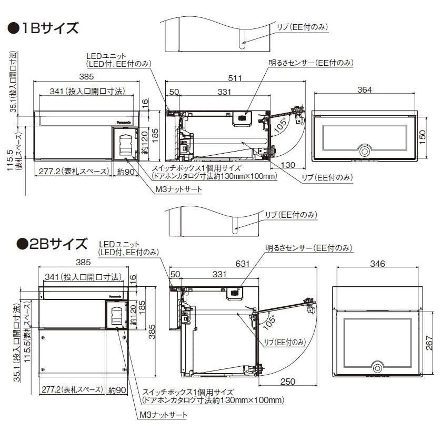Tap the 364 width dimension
[x=364, y=90]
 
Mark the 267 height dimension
[x=429, y=345]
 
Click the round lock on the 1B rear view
[x=364, y=150]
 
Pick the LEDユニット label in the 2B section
[x=120, y=244]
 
